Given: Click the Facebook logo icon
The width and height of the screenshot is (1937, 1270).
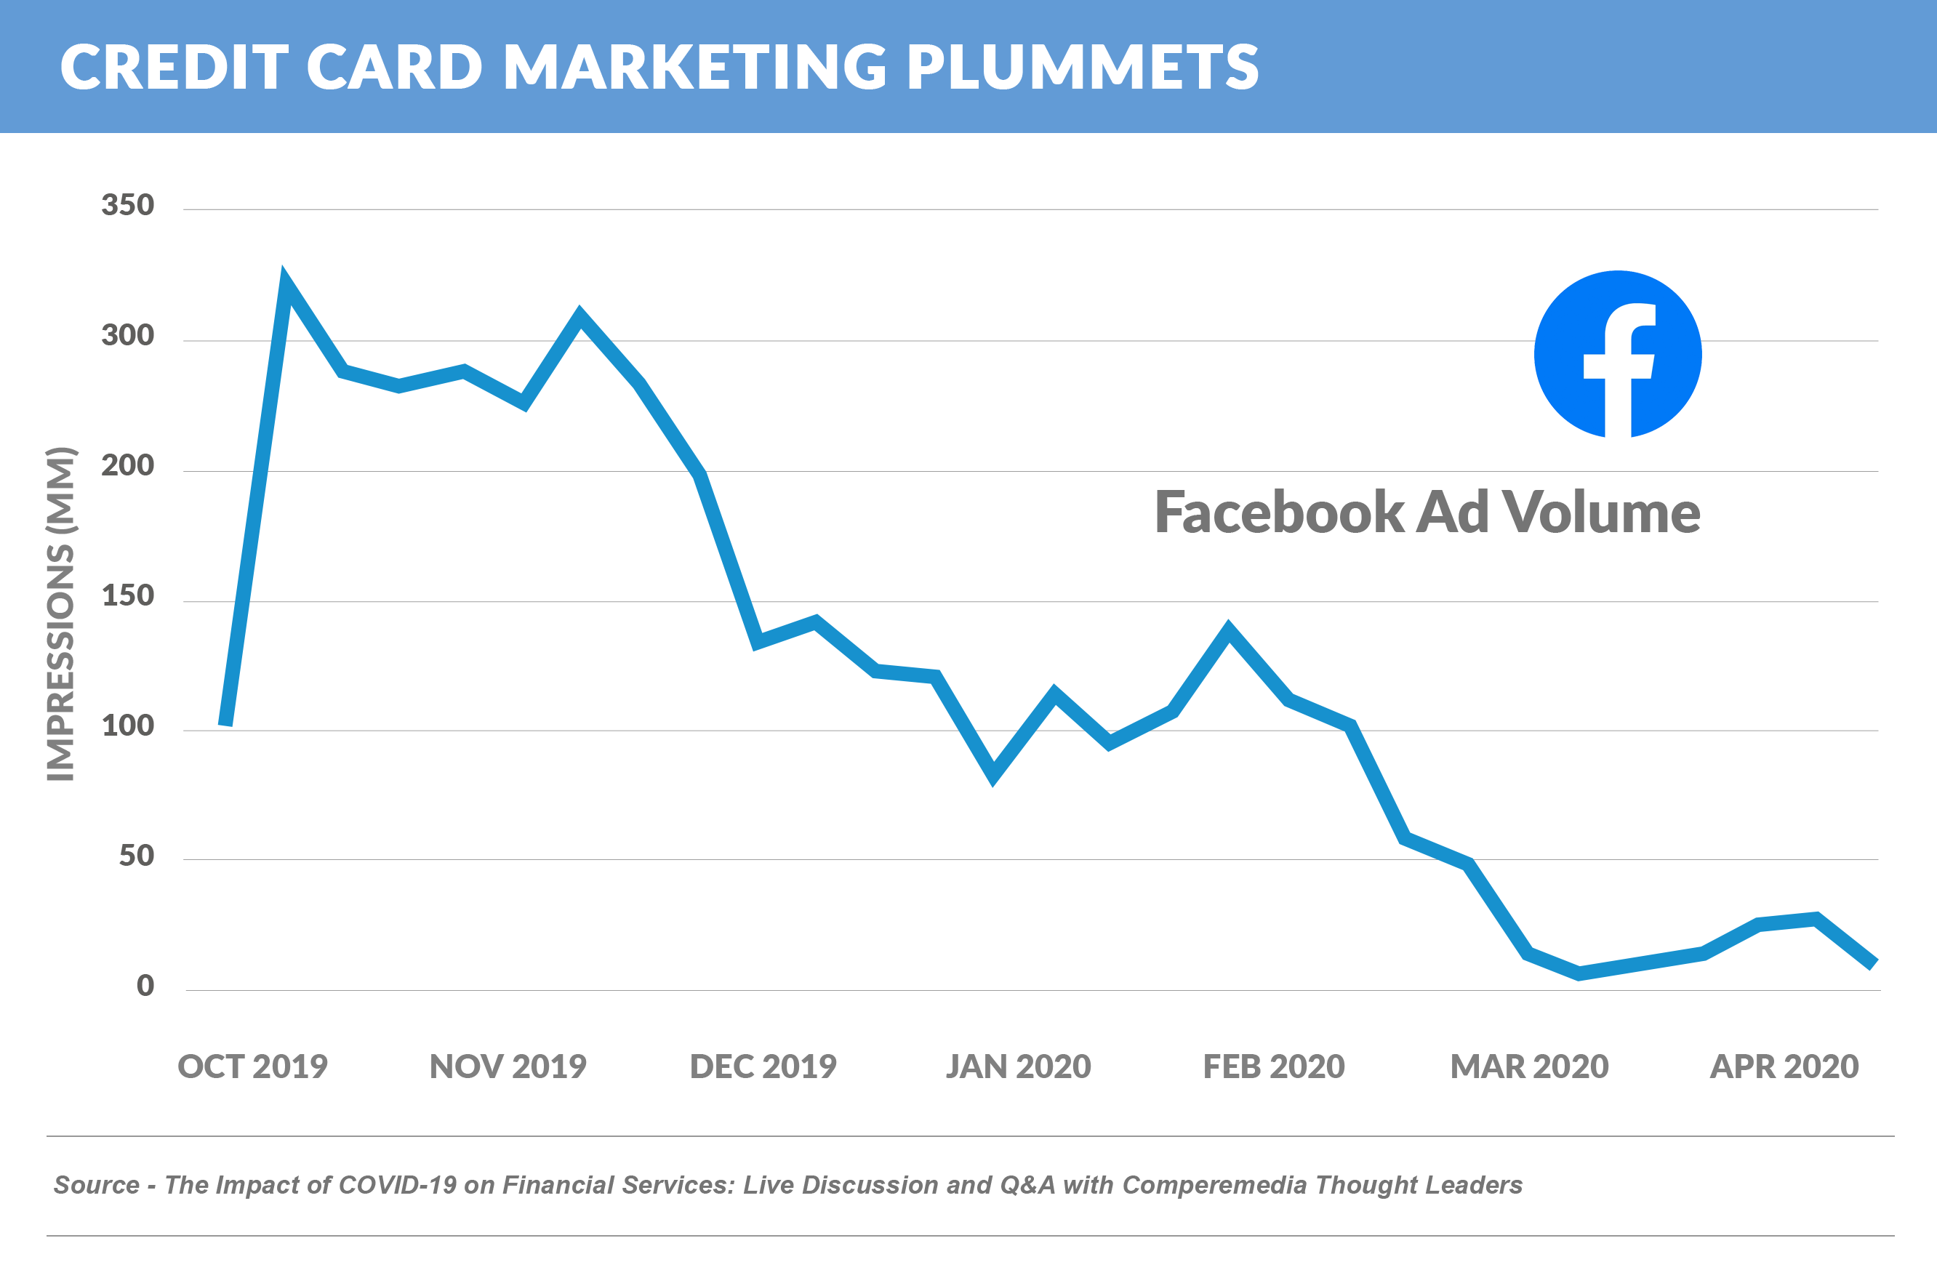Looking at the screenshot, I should [1617, 355].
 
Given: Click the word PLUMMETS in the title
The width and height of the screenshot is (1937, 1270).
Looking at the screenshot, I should [1083, 67].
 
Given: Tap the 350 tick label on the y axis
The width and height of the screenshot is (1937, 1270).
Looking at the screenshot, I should [128, 205].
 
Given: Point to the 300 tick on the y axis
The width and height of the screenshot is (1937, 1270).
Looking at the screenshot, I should [128, 335].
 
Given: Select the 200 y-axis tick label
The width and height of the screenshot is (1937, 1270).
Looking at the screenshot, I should [128, 465].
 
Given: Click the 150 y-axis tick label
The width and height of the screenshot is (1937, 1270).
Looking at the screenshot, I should [128, 595].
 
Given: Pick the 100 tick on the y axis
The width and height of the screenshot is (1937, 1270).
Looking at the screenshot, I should [128, 726].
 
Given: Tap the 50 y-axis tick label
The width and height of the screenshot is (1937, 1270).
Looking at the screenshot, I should [136, 856].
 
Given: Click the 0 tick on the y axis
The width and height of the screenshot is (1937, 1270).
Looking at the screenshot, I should [145, 986].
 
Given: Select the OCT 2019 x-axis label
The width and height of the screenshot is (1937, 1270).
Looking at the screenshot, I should [252, 1066].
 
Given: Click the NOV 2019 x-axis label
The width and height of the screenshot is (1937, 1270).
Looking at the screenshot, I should [508, 1066].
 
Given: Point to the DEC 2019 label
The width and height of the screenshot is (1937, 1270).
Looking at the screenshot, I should [763, 1066].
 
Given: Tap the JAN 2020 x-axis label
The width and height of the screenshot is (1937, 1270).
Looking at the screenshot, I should [1018, 1066].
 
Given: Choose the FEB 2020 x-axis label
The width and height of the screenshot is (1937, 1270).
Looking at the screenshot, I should [1274, 1066].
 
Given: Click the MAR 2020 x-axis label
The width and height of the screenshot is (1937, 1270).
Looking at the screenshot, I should [1529, 1066].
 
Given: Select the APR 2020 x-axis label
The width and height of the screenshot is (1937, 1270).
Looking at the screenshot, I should [1784, 1066].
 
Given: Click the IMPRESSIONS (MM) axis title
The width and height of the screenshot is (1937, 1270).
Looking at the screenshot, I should [60, 614].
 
